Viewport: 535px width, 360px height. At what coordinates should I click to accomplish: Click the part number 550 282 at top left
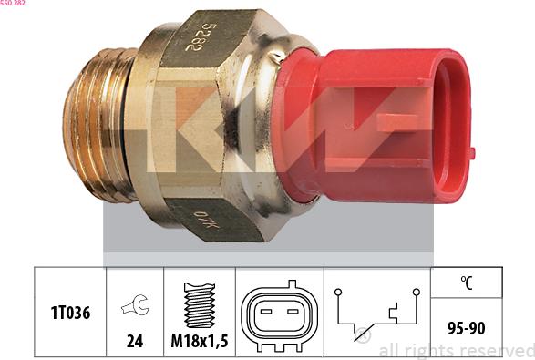13,4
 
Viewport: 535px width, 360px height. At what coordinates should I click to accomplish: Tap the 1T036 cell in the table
69,312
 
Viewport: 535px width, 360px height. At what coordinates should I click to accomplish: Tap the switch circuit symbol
376,313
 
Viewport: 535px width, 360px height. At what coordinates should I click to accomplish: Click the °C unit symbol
466,283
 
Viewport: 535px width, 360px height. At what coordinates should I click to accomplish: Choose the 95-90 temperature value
466,326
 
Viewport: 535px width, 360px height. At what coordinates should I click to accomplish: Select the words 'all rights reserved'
456,351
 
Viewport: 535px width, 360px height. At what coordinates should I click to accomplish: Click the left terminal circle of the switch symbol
337,293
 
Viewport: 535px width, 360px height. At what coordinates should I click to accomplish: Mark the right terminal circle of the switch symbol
416,293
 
